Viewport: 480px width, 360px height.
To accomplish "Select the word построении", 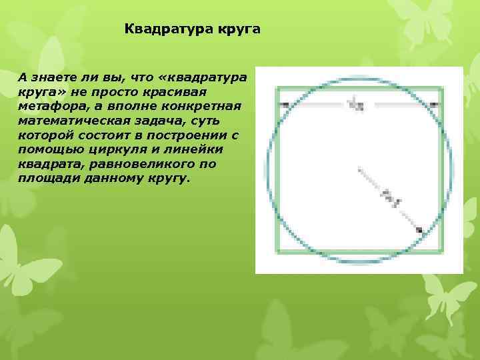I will coord(195,135).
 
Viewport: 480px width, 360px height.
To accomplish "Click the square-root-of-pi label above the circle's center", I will coord(355,103).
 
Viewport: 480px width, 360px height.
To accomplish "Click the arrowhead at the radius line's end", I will coord(419,230).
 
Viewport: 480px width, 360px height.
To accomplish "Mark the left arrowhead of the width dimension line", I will coord(284,105).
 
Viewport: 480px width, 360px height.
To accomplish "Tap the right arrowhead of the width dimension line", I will coord(433,105).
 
